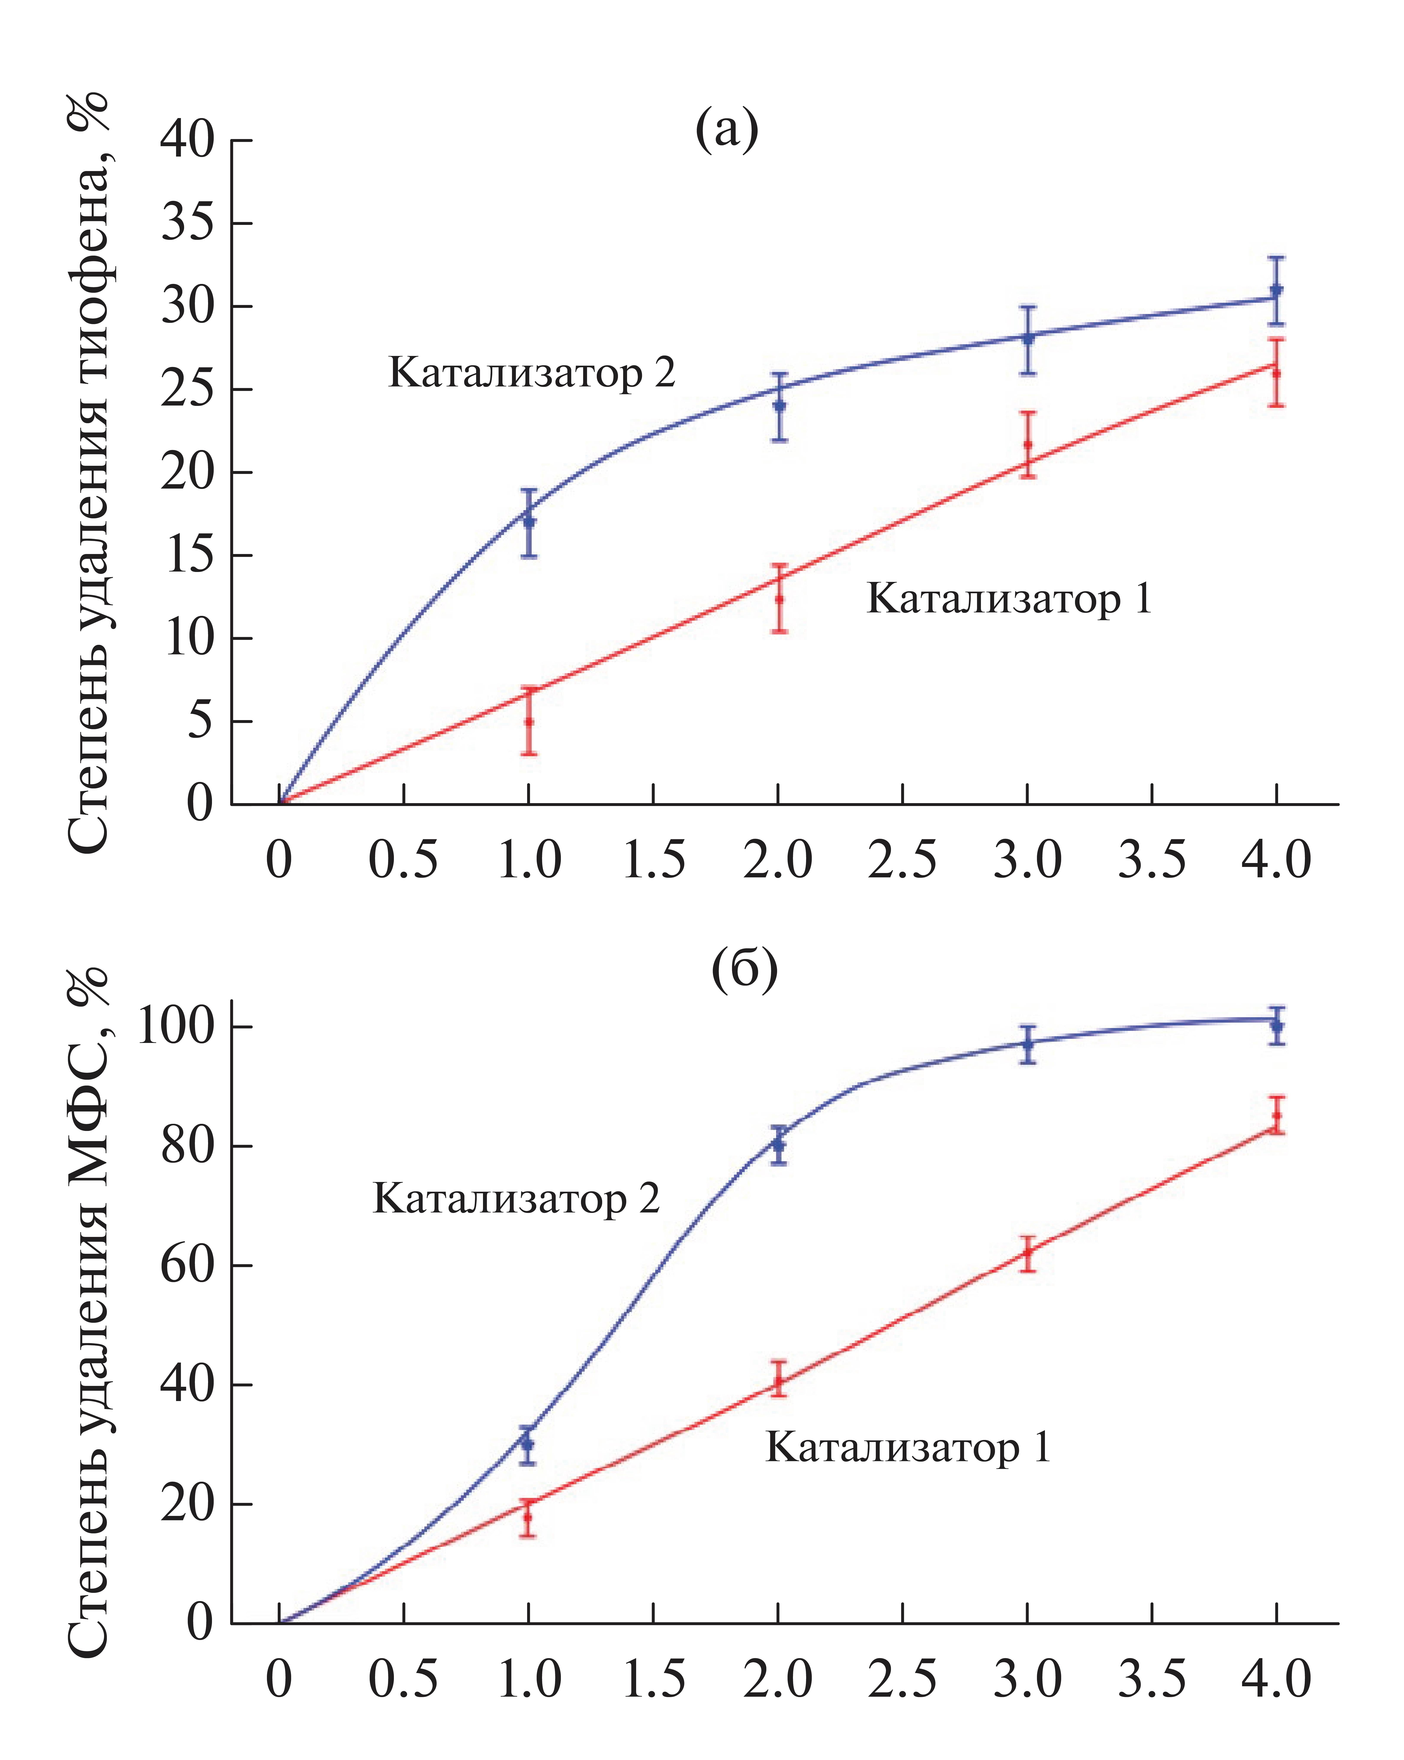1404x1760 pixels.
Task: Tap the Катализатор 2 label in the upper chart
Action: (532, 373)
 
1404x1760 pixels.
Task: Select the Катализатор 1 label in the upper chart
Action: (1009, 599)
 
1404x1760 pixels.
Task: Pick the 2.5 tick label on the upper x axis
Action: (902, 860)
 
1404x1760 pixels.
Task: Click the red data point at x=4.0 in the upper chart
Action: (1277, 373)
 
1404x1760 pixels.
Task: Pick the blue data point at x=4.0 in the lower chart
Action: (1277, 1026)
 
